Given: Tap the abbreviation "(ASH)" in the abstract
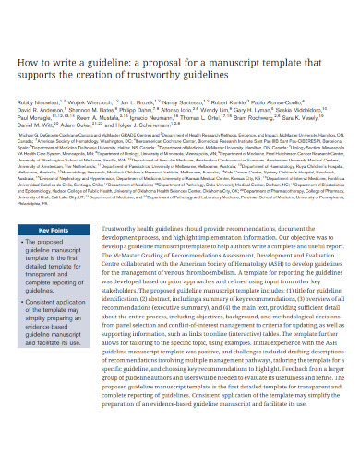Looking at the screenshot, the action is (296, 266).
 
